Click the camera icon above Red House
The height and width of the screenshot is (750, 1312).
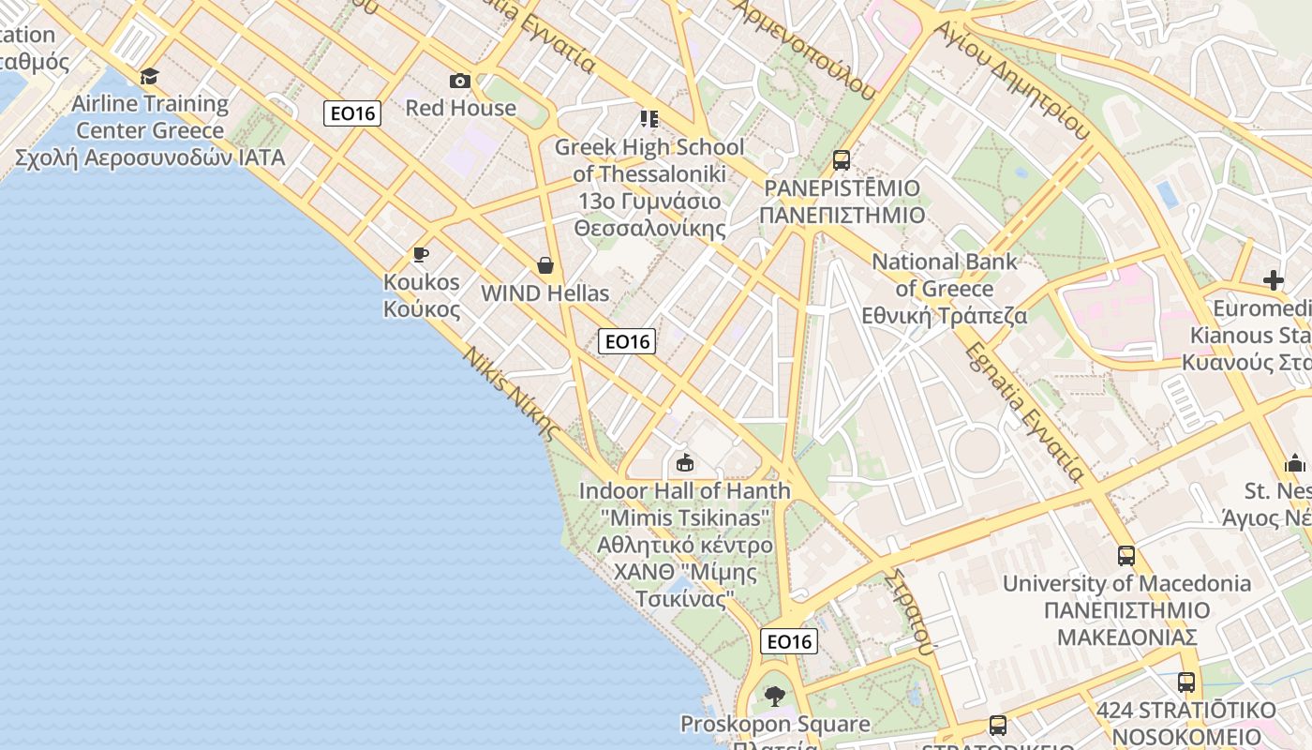pos(459,81)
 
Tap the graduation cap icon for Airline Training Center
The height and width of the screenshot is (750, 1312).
pos(150,76)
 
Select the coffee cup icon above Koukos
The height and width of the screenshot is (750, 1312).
pos(421,254)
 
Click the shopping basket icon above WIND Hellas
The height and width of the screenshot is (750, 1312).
pos(545,265)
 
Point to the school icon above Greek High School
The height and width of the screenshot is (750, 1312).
pos(649,118)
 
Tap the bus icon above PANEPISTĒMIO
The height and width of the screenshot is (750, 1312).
pos(841,159)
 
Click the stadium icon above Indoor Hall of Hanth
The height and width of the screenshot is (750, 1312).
pos(685,462)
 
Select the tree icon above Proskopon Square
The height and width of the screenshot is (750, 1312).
pos(774,696)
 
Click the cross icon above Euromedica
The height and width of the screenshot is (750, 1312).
pos(1273,279)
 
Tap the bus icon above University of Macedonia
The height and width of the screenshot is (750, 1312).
pos(1126,555)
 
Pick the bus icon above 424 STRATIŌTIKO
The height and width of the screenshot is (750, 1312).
pos(1186,682)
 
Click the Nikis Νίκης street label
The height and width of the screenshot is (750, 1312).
pos(511,394)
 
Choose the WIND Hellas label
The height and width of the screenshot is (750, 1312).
pos(544,293)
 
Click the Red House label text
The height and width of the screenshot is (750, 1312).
pos(460,108)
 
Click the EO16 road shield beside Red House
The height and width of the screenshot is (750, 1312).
pos(352,113)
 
